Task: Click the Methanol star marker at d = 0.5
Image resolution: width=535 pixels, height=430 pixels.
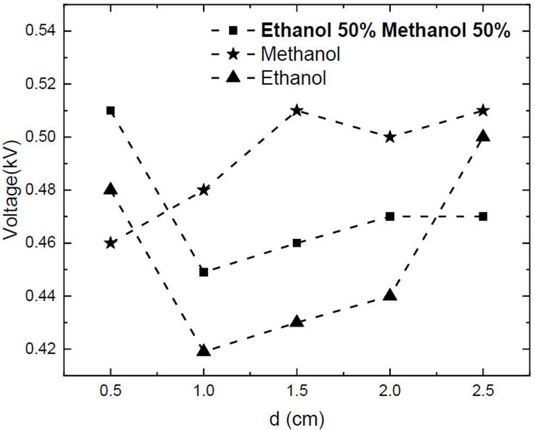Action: click(x=110, y=243)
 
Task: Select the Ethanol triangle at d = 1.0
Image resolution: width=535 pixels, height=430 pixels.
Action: click(x=204, y=350)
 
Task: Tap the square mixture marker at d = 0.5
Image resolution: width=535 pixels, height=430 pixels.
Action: click(x=110, y=111)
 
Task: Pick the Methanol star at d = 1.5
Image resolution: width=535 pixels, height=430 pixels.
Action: click(x=297, y=111)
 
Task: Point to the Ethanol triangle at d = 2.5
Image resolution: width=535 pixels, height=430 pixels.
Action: click(x=483, y=136)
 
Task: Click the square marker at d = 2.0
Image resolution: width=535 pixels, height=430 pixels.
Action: click(x=390, y=216)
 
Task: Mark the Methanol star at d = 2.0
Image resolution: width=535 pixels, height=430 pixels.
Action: click(x=390, y=137)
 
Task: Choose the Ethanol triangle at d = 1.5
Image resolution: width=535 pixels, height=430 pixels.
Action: click(x=297, y=322)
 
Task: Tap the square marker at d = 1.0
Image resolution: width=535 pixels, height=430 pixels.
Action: click(x=204, y=272)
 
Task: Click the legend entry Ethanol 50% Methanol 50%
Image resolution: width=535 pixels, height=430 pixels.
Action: click(x=385, y=31)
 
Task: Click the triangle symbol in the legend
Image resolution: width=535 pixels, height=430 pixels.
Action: click(x=232, y=77)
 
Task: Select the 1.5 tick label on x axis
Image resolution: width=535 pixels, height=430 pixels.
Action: click(x=297, y=392)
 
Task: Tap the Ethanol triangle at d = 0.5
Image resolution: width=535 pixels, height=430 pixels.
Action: click(x=110, y=189)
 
